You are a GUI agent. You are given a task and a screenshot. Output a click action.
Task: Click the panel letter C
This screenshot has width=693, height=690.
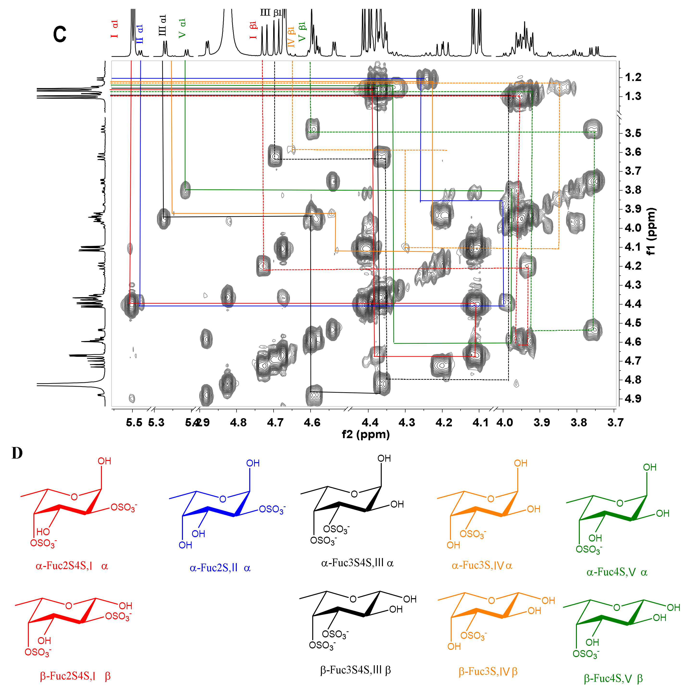click(60, 35)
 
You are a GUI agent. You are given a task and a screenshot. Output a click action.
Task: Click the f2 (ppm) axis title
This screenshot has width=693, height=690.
click(366, 434)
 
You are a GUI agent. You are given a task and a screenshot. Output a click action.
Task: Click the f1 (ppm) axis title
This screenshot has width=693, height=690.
click(651, 231)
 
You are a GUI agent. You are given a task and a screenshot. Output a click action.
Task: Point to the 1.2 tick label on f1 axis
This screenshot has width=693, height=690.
click(633, 77)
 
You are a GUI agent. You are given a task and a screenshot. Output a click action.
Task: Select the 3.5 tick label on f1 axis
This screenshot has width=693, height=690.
click(633, 133)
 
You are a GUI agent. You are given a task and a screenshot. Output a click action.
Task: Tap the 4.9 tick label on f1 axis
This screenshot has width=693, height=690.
click(633, 398)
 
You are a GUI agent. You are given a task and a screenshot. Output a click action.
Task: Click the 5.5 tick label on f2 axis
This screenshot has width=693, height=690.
click(134, 423)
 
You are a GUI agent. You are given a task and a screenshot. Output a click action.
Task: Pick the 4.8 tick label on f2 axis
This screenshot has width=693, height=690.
click(238, 423)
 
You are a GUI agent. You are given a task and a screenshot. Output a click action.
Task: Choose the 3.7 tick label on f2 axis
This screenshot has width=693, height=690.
click(616, 423)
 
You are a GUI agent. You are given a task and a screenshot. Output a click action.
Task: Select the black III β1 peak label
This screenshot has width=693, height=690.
click(271, 13)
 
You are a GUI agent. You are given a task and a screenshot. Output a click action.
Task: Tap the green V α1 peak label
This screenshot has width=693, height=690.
click(182, 28)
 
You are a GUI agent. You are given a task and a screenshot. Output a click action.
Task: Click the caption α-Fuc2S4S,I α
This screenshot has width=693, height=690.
click(72, 566)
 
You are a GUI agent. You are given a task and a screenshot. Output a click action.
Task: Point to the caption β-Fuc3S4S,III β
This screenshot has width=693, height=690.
click(356, 670)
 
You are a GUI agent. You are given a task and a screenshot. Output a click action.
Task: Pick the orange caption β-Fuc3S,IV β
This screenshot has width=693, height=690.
click(488, 671)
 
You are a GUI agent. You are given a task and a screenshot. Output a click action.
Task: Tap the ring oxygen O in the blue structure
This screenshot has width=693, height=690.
click(223, 499)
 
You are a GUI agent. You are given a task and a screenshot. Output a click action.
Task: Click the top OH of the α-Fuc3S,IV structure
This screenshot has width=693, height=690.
click(520, 463)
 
